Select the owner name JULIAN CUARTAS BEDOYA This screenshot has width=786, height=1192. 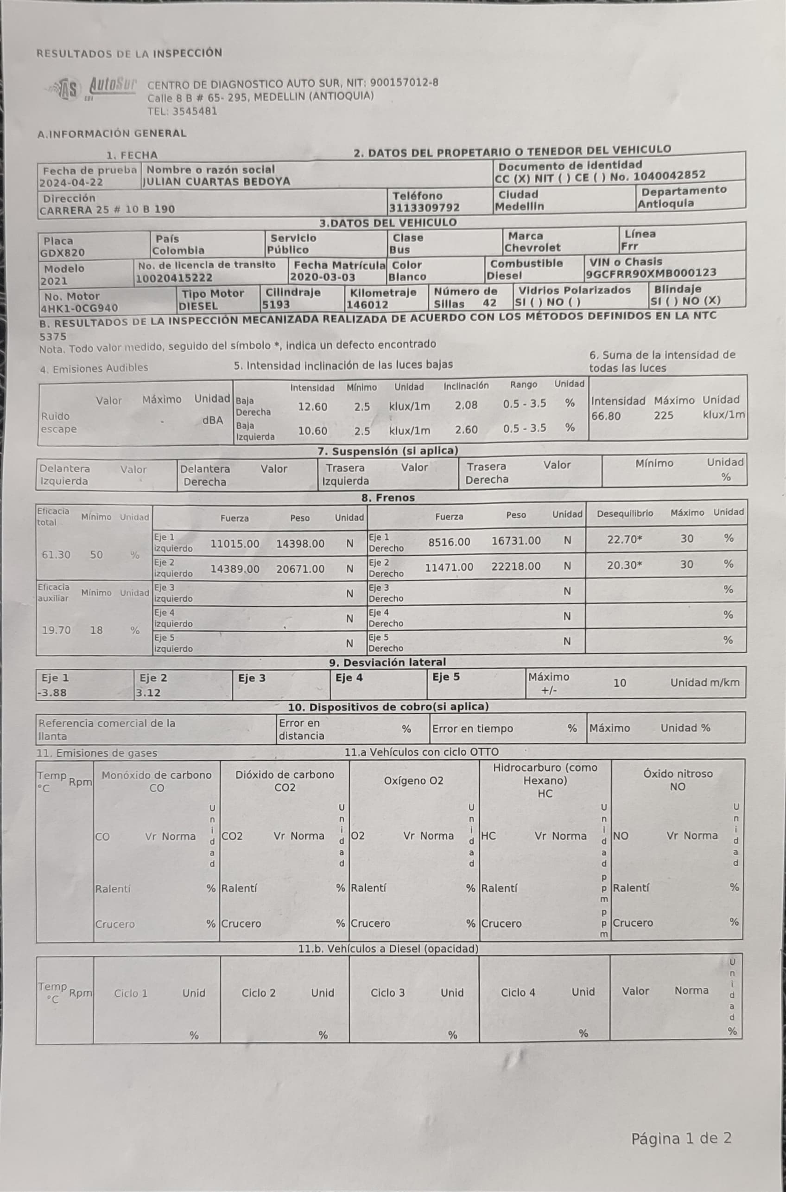coord(216,182)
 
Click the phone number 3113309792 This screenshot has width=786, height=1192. coord(424,208)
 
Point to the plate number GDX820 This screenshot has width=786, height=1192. coord(63,253)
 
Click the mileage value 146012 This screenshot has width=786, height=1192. coord(367,305)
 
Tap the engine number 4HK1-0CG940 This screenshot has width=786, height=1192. coord(79,308)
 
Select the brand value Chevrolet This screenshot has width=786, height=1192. coord(532,248)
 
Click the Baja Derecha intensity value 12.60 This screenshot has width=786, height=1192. coord(312,407)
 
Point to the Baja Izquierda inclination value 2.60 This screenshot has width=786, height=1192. coord(466,430)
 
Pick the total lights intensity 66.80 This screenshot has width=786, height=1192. coord(606,416)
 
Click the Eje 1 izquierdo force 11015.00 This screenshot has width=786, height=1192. coord(235,544)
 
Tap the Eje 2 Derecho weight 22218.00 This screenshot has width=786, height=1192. coord(516,566)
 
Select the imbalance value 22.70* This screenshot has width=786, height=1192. coord(625,539)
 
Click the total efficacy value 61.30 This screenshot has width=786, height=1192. coord(56,555)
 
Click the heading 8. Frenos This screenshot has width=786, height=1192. coord(388,498)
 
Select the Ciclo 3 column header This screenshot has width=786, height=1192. coord(387,993)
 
